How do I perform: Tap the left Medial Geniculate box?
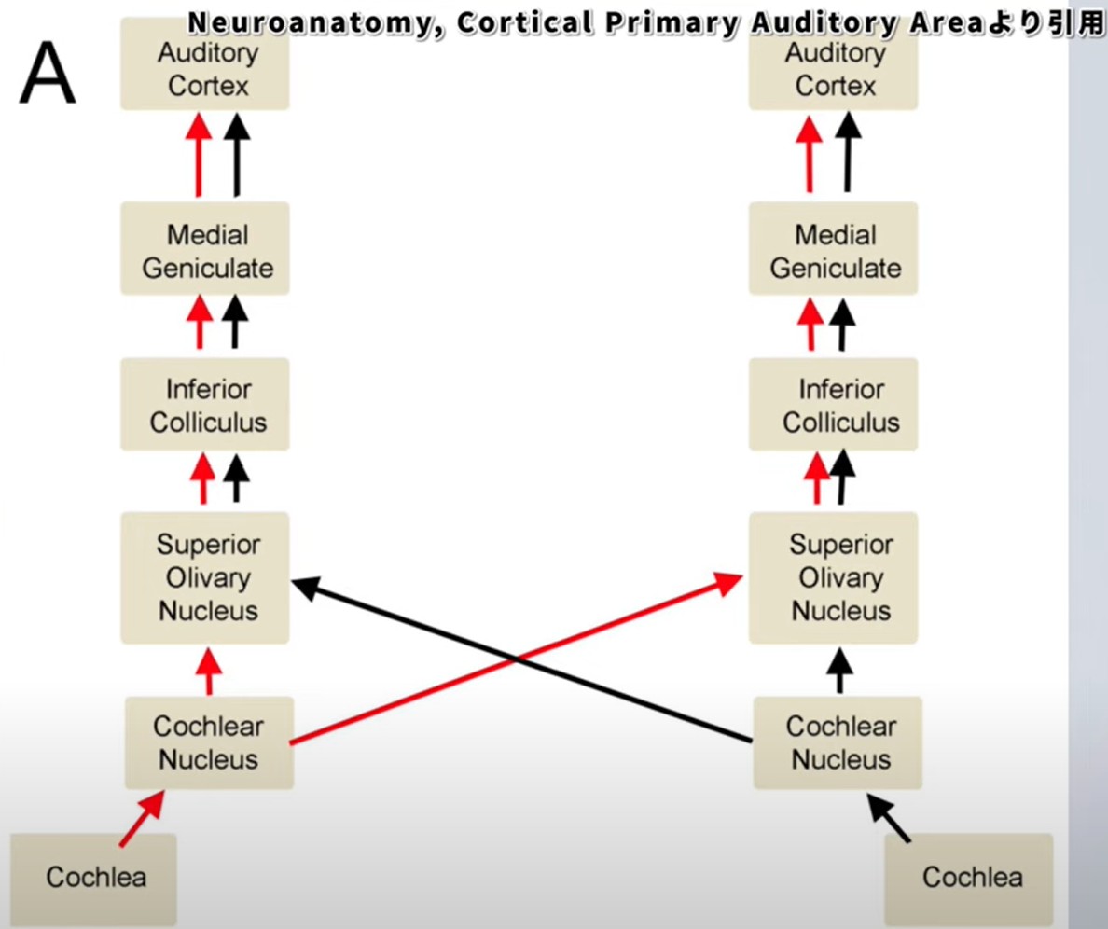pyautogui.click(x=205, y=248)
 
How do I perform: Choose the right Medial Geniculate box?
pyautogui.click(x=833, y=248)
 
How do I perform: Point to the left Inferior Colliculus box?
pyautogui.click(x=205, y=404)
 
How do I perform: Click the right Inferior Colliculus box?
pyautogui.click(x=833, y=404)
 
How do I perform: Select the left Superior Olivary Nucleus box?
pyautogui.click(x=205, y=578)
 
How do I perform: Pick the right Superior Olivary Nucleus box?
pyautogui.click(x=833, y=578)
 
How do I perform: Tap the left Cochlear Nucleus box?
pyautogui.click(x=209, y=742)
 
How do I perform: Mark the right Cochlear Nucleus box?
pyautogui.click(x=838, y=742)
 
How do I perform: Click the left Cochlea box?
pyautogui.click(x=93, y=878)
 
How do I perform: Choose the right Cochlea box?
pyautogui.click(x=969, y=878)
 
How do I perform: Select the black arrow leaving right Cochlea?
pyautogui.click(x=889, y=818)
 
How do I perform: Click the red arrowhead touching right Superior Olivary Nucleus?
pyautogui.click(x=727, y=583)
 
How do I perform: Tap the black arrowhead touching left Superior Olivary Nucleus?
pyautogui.click(x=306, y=587)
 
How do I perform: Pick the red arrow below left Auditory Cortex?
pyautogui.click(x=200, y=155)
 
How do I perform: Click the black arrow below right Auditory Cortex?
pyautogui.click(x=848, y=152)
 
